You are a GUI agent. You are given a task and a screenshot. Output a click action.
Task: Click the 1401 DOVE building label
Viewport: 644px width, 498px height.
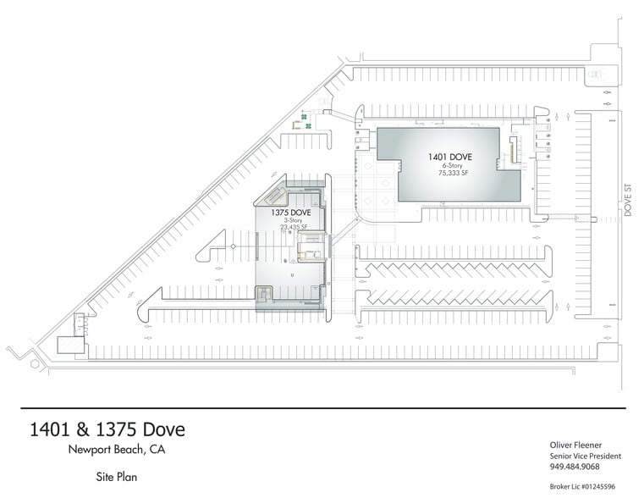click(449, 157)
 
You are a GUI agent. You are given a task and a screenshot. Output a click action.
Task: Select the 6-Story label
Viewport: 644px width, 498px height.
click(450, 165)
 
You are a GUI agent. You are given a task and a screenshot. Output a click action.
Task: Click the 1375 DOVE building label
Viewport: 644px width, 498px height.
click(291, 213)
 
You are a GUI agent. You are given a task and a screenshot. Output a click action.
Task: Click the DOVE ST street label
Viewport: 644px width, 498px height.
click(629, 202)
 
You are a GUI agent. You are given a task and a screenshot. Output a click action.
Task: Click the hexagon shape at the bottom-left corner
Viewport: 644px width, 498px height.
click(35, 363)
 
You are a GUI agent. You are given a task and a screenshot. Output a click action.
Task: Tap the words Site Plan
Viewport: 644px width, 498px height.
click(117, 478)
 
